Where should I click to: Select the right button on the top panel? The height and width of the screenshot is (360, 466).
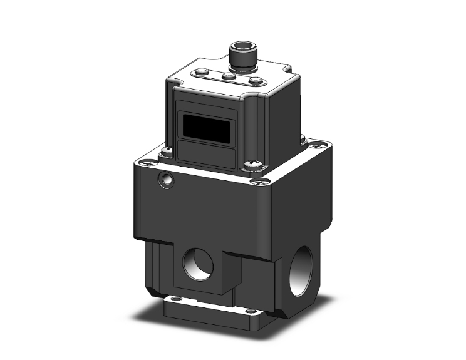pos(256,80)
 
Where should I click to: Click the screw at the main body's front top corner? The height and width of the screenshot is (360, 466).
pos(257,183)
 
